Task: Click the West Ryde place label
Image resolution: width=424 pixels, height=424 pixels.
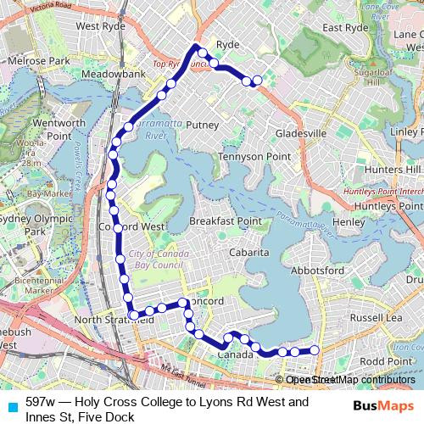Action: click(100, 25)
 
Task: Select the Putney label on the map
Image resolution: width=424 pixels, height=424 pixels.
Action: click(202, 125)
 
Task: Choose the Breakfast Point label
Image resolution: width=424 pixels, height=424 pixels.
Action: click(225, 220)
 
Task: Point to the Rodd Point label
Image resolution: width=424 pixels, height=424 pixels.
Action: click(386, 360)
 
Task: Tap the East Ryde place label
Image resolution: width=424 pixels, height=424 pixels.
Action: click(343, 27)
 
